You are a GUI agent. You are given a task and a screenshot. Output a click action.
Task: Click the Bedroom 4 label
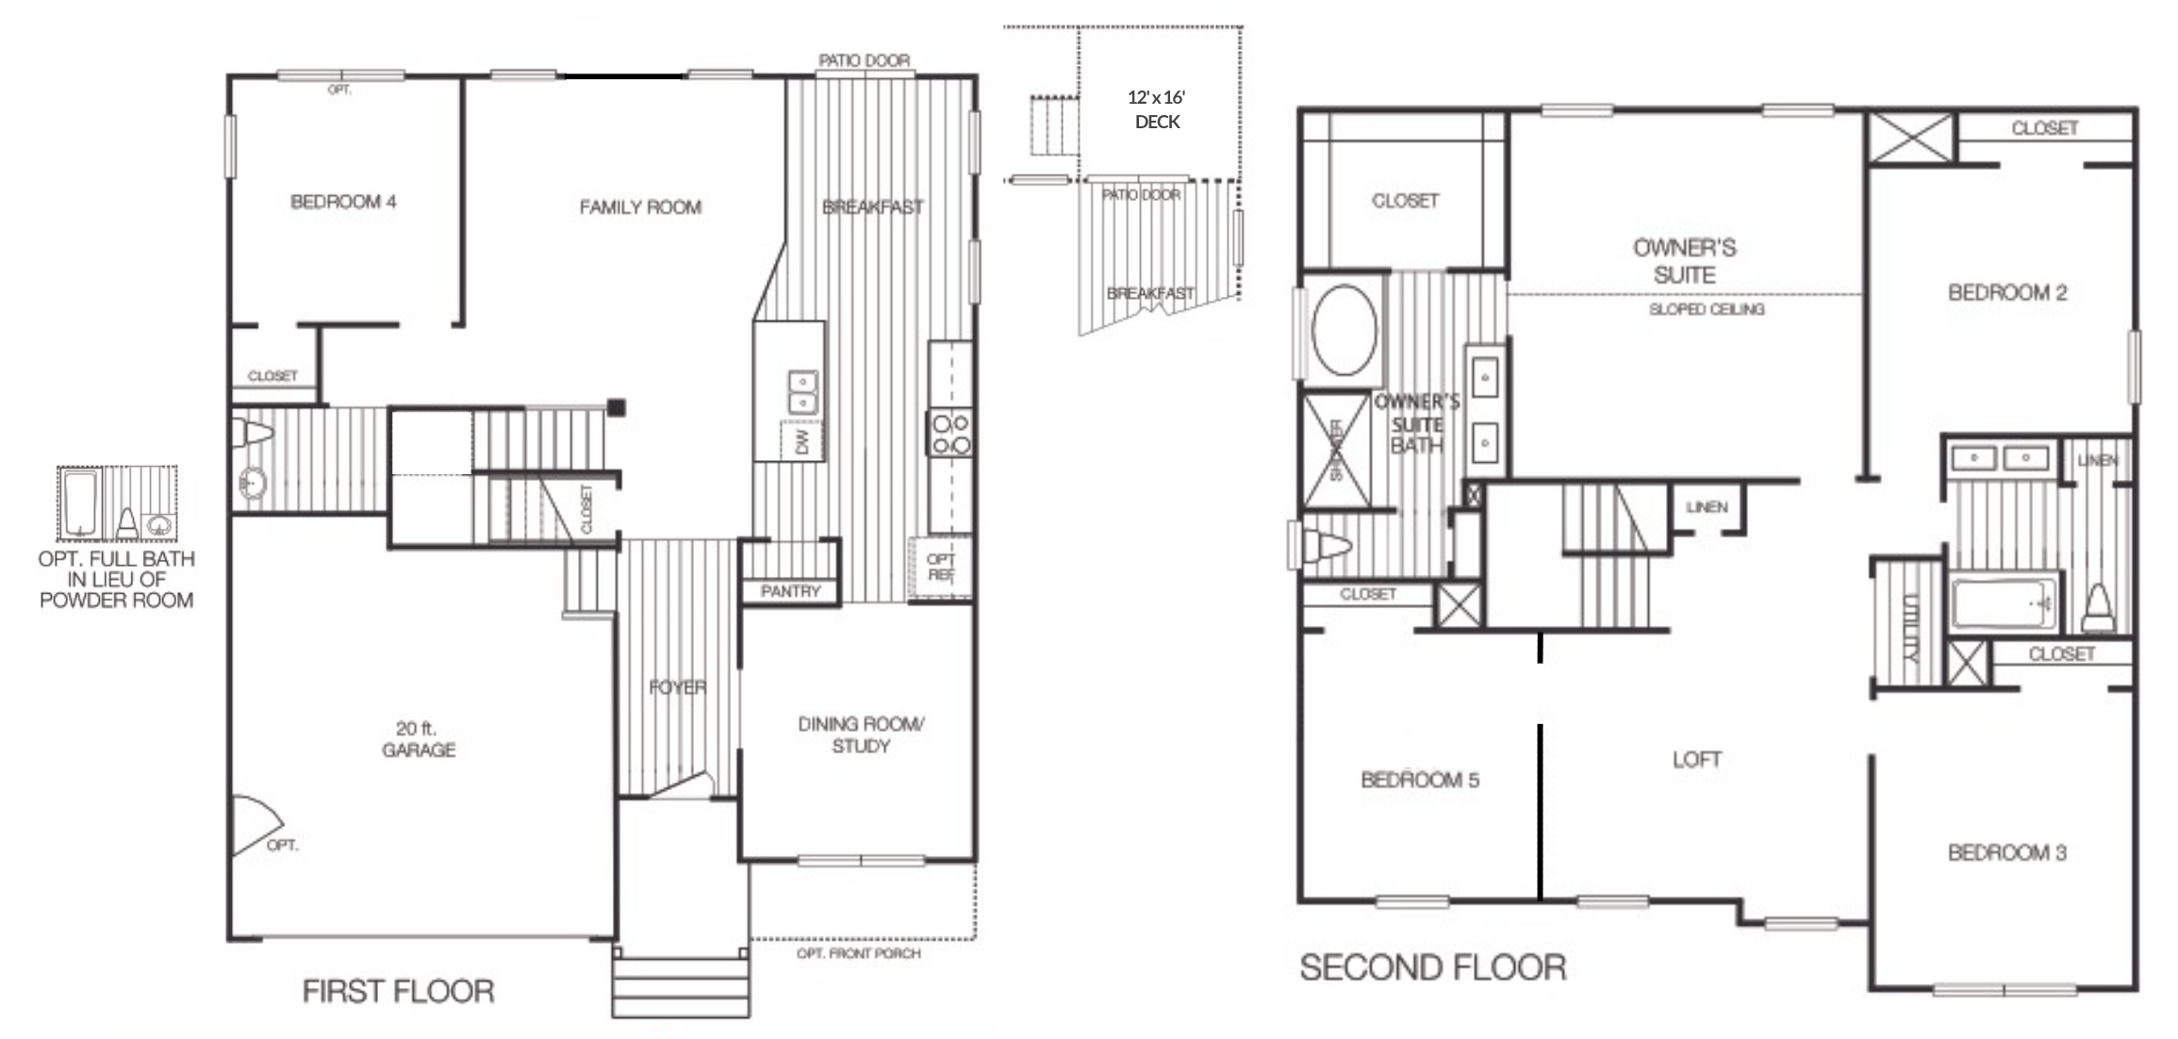click(x=343, y=202)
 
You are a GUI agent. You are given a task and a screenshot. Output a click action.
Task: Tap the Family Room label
click(x=640, y=207)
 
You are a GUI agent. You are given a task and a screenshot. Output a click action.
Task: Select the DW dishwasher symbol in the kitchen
click(x=802, y=441)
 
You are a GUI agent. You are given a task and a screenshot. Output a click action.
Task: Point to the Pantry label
click(x=790, y=591)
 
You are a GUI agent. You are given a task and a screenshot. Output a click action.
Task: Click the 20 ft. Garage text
click(x=418, y=739)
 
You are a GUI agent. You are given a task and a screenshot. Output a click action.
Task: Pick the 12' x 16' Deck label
click(x=1157, y=109)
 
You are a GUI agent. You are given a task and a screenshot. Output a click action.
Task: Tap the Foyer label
click(x=677, y=687)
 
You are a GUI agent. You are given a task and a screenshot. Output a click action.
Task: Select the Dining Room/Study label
click(x=860, y=735)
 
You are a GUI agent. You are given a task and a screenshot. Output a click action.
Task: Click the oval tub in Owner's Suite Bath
click(x=1344, y=331)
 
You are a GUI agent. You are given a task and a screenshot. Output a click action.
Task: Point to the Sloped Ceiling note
click(x=1706, y=309)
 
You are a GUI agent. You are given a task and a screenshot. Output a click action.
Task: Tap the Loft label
click(x=1696, y=760)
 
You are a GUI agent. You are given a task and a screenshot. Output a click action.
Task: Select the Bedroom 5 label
click(x=1419, y=780)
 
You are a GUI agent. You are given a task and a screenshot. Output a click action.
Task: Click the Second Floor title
click(x=1432, y=967)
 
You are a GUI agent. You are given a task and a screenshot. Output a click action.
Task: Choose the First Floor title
click(x=398, y=991)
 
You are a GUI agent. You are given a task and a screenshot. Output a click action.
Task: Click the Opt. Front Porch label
click(x=858, y=954)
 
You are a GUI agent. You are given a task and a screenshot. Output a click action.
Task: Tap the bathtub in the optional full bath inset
click(x=80, y=502)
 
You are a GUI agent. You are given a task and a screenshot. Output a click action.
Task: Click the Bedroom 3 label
click(x=2006, y=853)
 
